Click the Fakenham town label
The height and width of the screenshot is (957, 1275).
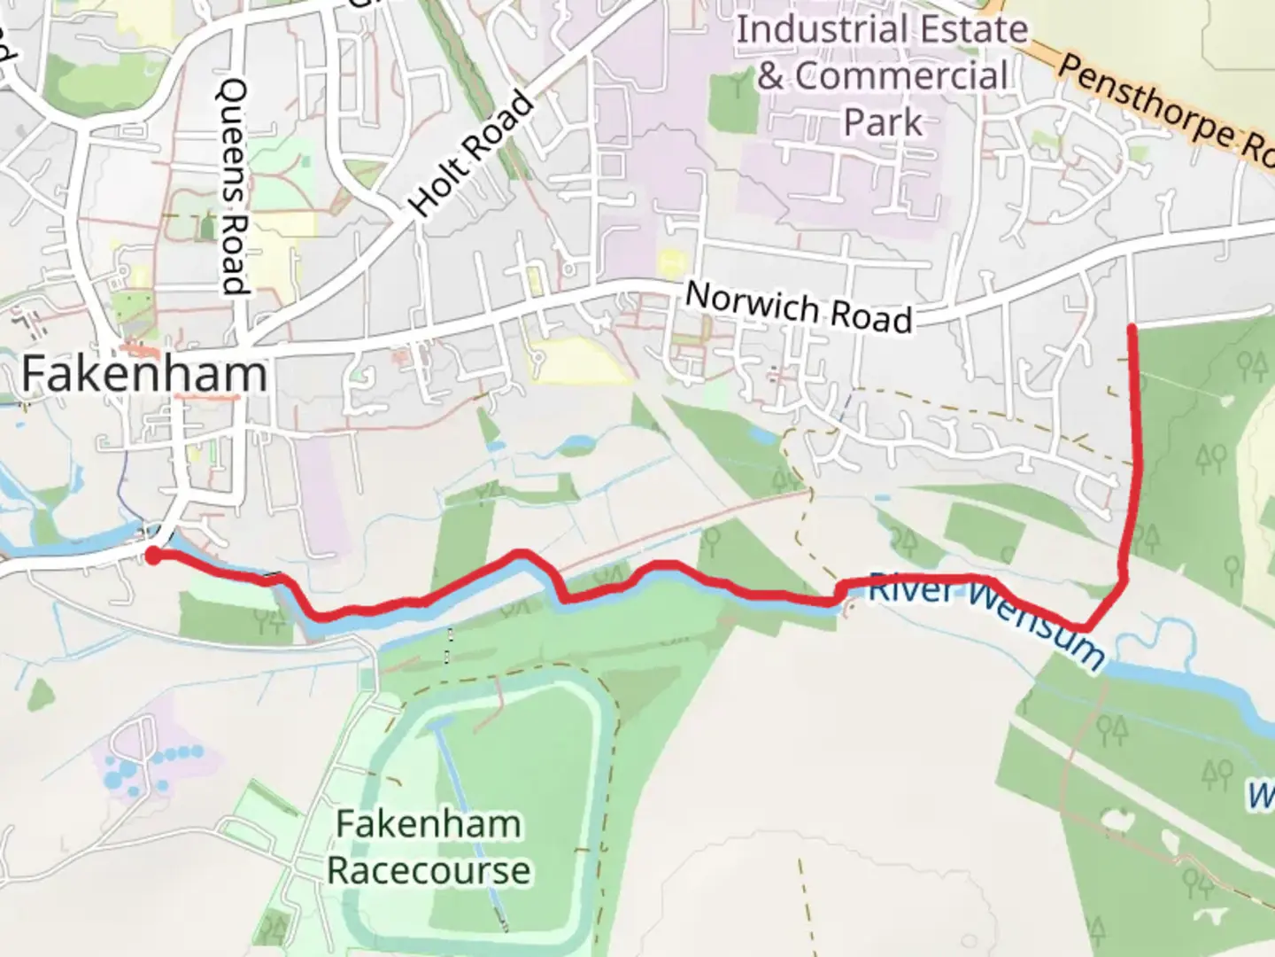pyautogui.click(x=143, y=373)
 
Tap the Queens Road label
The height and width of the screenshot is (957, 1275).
pyautogui.click(x=233, y=186)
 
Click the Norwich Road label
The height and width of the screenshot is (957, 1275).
pyautogui.click(x=799, y=307)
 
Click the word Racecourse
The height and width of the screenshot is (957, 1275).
pyautogui.click(x=429, y=870)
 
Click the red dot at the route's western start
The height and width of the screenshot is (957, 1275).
pyautogui.click(x=152, y=556)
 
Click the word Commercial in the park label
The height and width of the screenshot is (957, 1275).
pyautogui.click(x=900, y=76)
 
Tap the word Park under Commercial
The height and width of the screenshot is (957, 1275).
pyautogui.click(x=882, y=122)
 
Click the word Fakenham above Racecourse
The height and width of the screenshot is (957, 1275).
pyautogui.click(x=429, y=824)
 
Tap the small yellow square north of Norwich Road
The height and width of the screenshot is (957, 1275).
pyautogui.click(x=671, y=261)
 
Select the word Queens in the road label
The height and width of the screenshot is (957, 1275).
pyautogui.click(x=235, y=124)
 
